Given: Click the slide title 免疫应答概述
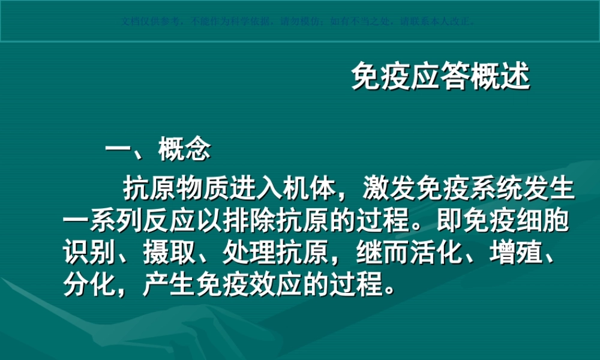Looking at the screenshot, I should click(x=440, y=77).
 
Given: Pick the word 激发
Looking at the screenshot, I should click(x=389, y=190).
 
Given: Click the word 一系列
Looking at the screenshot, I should click(x=102, y=222).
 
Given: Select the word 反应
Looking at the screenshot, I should click(x=168, y=222).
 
